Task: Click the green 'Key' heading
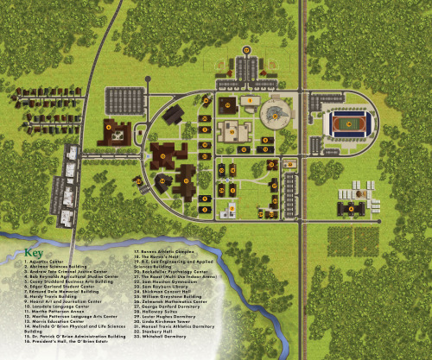(34, 253)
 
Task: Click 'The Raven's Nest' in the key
(156, 262)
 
